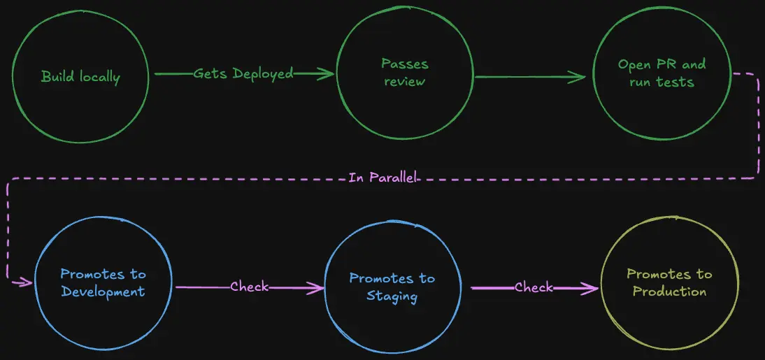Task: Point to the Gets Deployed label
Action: point(243,73)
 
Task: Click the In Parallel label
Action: point(383,178)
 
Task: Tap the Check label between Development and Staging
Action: point(250,287)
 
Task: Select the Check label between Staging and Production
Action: point(534,287)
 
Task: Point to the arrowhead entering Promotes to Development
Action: point(27,282)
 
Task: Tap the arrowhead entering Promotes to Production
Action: point(592,288)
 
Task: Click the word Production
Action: point(669,291)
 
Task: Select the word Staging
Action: point(393,296)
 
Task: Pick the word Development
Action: point(103,291)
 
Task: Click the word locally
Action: point(98,77)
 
